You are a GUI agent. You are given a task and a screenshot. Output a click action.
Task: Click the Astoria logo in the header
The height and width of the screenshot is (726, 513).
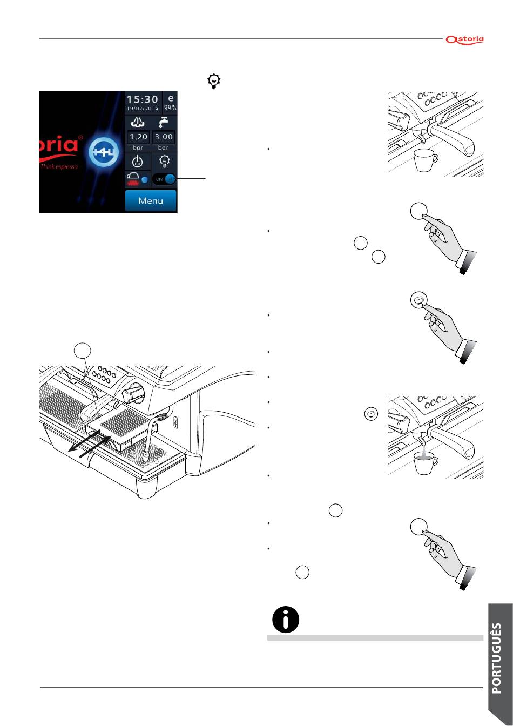click(x=464, y=39)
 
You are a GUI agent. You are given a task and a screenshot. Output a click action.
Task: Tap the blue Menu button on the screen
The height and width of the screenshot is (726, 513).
click(x=151, y=201)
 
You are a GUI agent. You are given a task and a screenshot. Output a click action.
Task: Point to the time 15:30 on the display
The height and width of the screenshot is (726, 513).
click(x=143, y=99)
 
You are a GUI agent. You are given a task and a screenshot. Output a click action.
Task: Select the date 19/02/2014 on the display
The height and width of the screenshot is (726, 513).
click(x=143, y=109)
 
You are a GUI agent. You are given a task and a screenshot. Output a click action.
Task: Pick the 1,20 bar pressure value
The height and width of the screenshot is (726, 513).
click(x=138, y=137)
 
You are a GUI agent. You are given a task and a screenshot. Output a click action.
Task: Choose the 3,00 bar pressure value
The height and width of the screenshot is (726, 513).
click(x=164, y=137)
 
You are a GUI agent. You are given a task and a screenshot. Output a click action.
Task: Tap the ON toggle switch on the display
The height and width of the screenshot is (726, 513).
click(x=164, y=179)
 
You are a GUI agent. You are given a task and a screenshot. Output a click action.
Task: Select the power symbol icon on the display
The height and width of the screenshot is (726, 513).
click(x=138, y=162)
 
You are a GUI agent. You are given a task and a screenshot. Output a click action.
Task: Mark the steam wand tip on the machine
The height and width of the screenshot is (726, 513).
click(x=146, y=457)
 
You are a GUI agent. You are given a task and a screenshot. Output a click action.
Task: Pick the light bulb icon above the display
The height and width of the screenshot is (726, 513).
click(x=215, y=82)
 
